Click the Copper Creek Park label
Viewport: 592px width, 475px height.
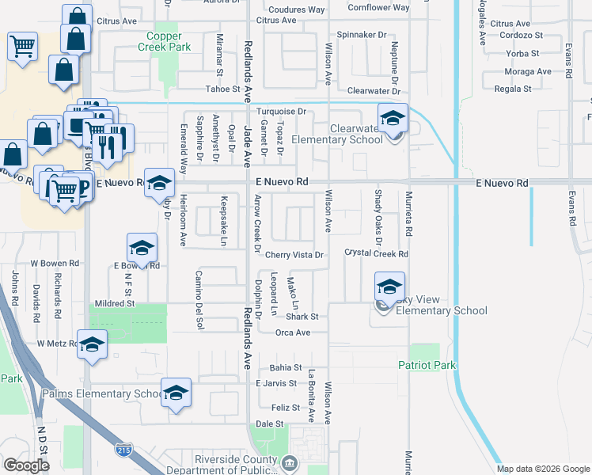coord(169,41)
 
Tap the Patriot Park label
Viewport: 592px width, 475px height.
coord(427,366)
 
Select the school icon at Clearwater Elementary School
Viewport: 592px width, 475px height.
coord(393,119)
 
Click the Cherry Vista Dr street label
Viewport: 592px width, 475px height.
coord(294,255)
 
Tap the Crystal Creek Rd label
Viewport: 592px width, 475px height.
coord(376,254)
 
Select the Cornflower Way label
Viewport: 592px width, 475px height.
coord(378,8)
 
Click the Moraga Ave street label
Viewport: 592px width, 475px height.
coord(528,71)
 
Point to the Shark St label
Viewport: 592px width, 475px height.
coord(302,317)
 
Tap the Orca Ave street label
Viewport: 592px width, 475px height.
coord(292,332)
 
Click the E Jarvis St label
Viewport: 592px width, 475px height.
coord(278,383)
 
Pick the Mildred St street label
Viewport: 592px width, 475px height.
coord(115,303)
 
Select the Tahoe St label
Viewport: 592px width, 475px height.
coord(222,89)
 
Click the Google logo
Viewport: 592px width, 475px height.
coord(25,465)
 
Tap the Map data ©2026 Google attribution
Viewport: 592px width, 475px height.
coord(542,469)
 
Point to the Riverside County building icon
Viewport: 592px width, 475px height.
coord(290,462)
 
